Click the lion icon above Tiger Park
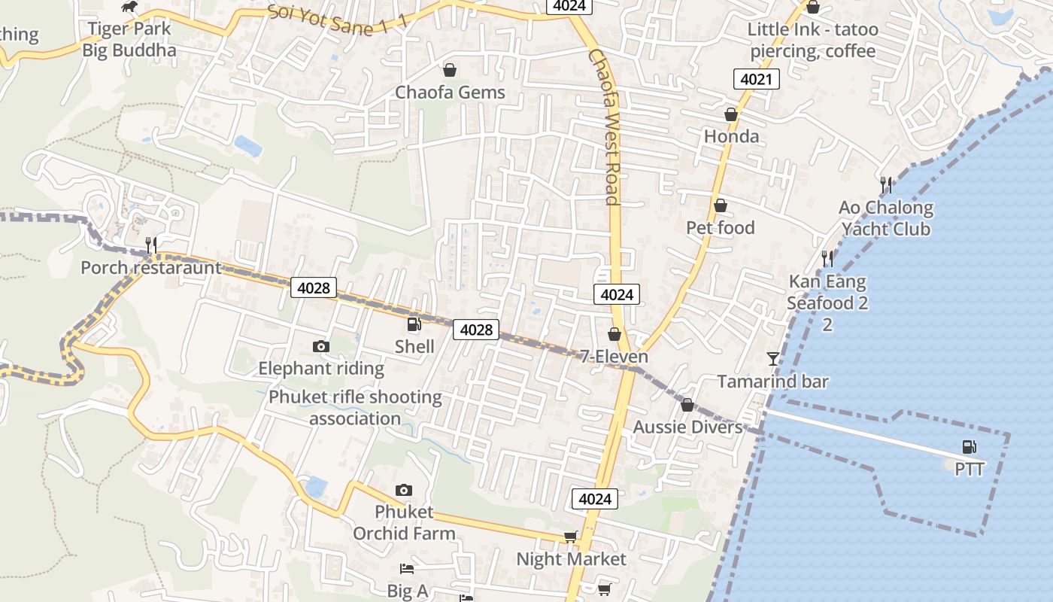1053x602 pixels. [129, 7]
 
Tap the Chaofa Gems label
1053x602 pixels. [450, 93]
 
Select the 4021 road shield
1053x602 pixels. [756, 79]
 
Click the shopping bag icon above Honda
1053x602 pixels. [730, 114]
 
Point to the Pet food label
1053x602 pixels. [720, 227]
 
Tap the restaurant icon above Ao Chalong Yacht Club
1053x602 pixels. [886, 184]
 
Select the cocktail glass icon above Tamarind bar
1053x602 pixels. [773, 358]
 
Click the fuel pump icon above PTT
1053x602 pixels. [970, 447]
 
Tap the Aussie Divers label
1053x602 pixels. [687, 427]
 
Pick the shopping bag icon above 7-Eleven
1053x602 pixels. [615, 333]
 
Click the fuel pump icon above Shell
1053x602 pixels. [414, 324]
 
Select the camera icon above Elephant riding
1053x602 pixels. [321, 346]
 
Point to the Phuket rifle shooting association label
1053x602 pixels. [355, 407]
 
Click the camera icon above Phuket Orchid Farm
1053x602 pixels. [404, 490]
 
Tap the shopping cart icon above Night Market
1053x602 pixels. [571, 537]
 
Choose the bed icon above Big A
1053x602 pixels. [407, 569]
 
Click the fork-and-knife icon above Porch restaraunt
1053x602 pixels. [151, 245]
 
